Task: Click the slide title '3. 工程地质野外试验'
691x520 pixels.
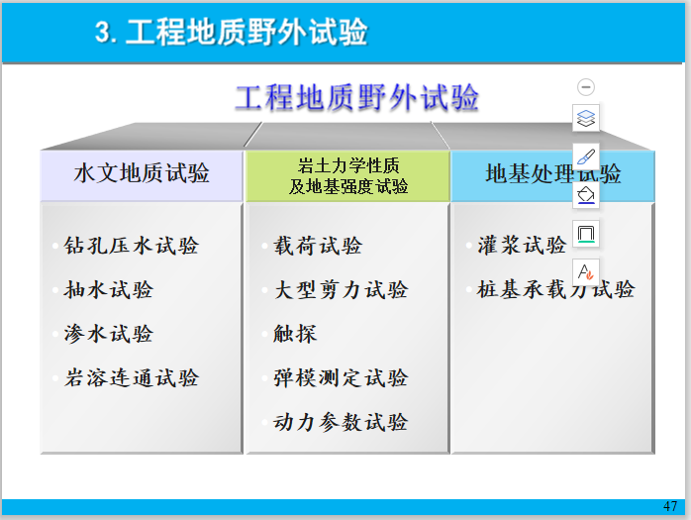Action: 232,33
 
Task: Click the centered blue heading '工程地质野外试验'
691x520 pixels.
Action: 356,98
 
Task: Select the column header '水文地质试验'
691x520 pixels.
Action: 142,174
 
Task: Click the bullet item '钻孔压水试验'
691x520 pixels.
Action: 132,246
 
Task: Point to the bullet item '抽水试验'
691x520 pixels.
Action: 109,290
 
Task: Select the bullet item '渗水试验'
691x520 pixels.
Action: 109,334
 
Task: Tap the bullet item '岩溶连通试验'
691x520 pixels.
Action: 132,377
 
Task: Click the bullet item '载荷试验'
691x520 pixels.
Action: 318,246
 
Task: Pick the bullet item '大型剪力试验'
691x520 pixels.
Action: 341,290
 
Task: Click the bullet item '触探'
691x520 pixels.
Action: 295,334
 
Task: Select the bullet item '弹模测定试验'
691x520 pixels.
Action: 341,377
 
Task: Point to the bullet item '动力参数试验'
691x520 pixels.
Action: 341,422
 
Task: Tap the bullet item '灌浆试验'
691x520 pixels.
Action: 522,246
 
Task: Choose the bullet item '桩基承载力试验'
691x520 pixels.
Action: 555,290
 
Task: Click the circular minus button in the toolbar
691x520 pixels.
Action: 586,87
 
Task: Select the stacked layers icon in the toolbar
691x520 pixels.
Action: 586,118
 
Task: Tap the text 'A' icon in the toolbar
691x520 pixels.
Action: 586,271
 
